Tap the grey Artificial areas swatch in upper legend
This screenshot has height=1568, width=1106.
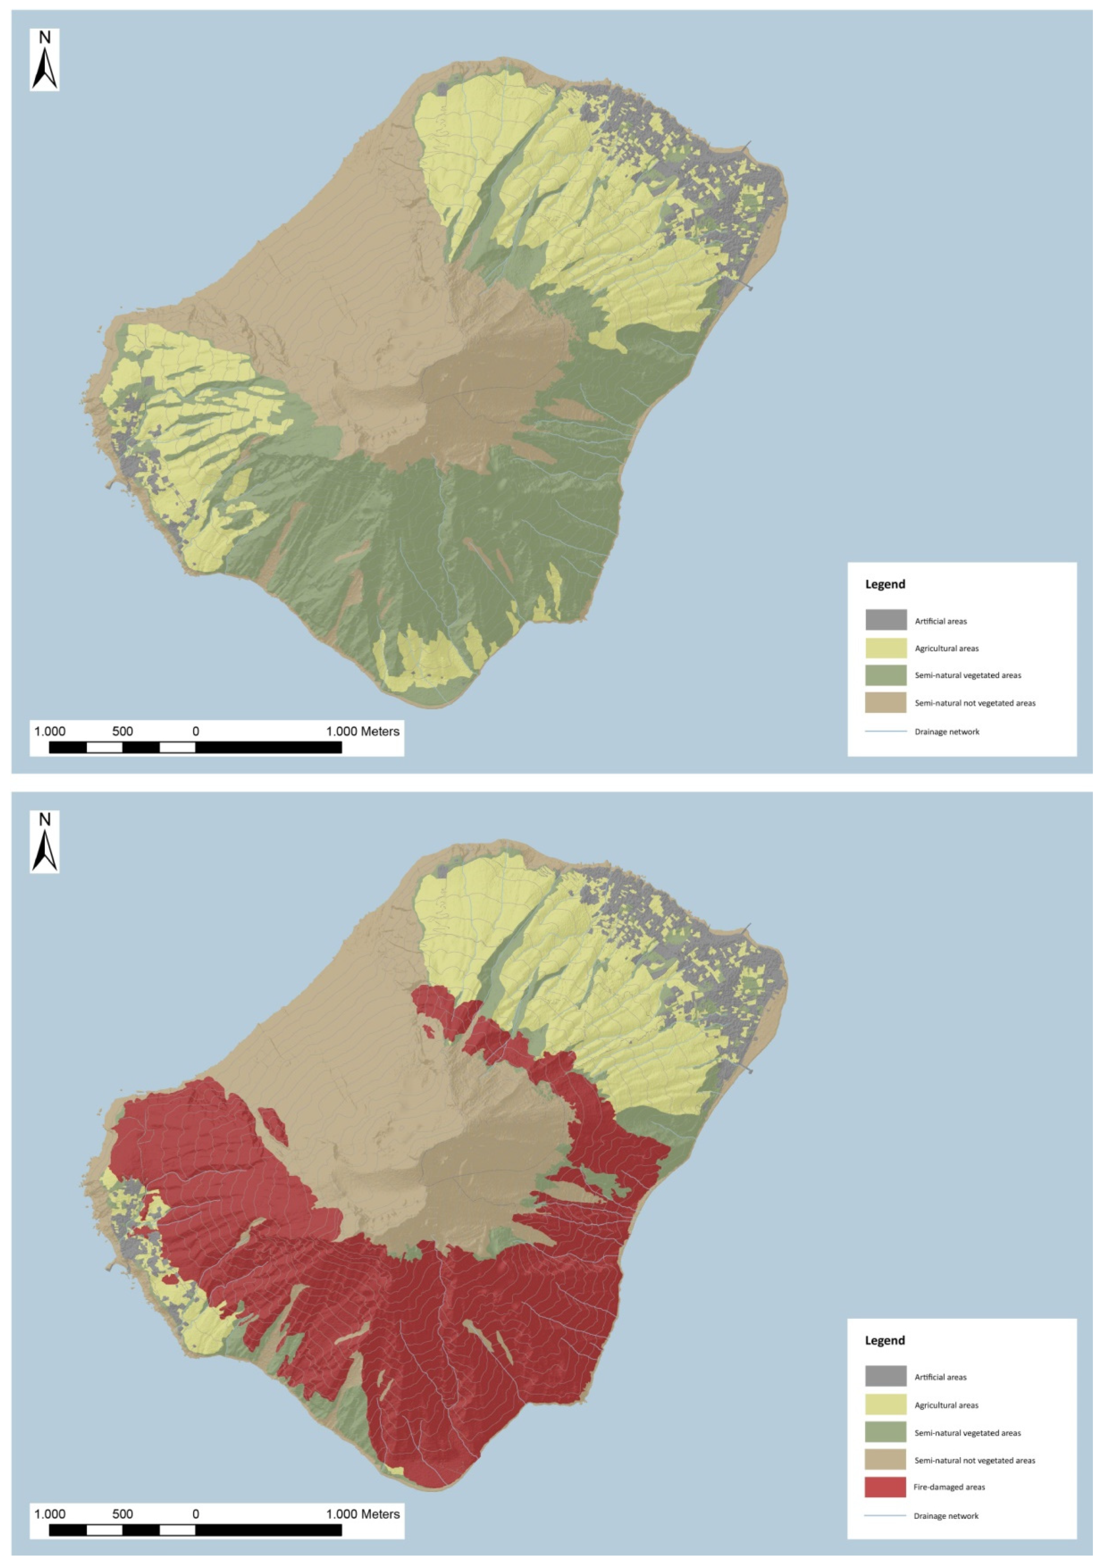coord(885,620)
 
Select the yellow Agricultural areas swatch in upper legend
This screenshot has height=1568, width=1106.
coord(885,648)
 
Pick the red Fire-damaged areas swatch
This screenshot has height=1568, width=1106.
coord(885,1487)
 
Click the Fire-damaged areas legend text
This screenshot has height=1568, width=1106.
coord(949,1487)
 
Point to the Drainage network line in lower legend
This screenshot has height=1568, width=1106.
coord(885,1516)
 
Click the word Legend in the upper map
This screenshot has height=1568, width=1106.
coord(885,584)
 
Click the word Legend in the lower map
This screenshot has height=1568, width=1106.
coord(885,1340)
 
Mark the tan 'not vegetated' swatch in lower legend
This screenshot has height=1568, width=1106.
coord(885,1459)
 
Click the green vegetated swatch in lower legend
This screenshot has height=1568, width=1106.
coord(885,1432)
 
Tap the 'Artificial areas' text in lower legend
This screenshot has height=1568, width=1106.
coord(940,1377)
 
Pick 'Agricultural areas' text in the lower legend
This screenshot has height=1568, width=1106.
coord(946,1405)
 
